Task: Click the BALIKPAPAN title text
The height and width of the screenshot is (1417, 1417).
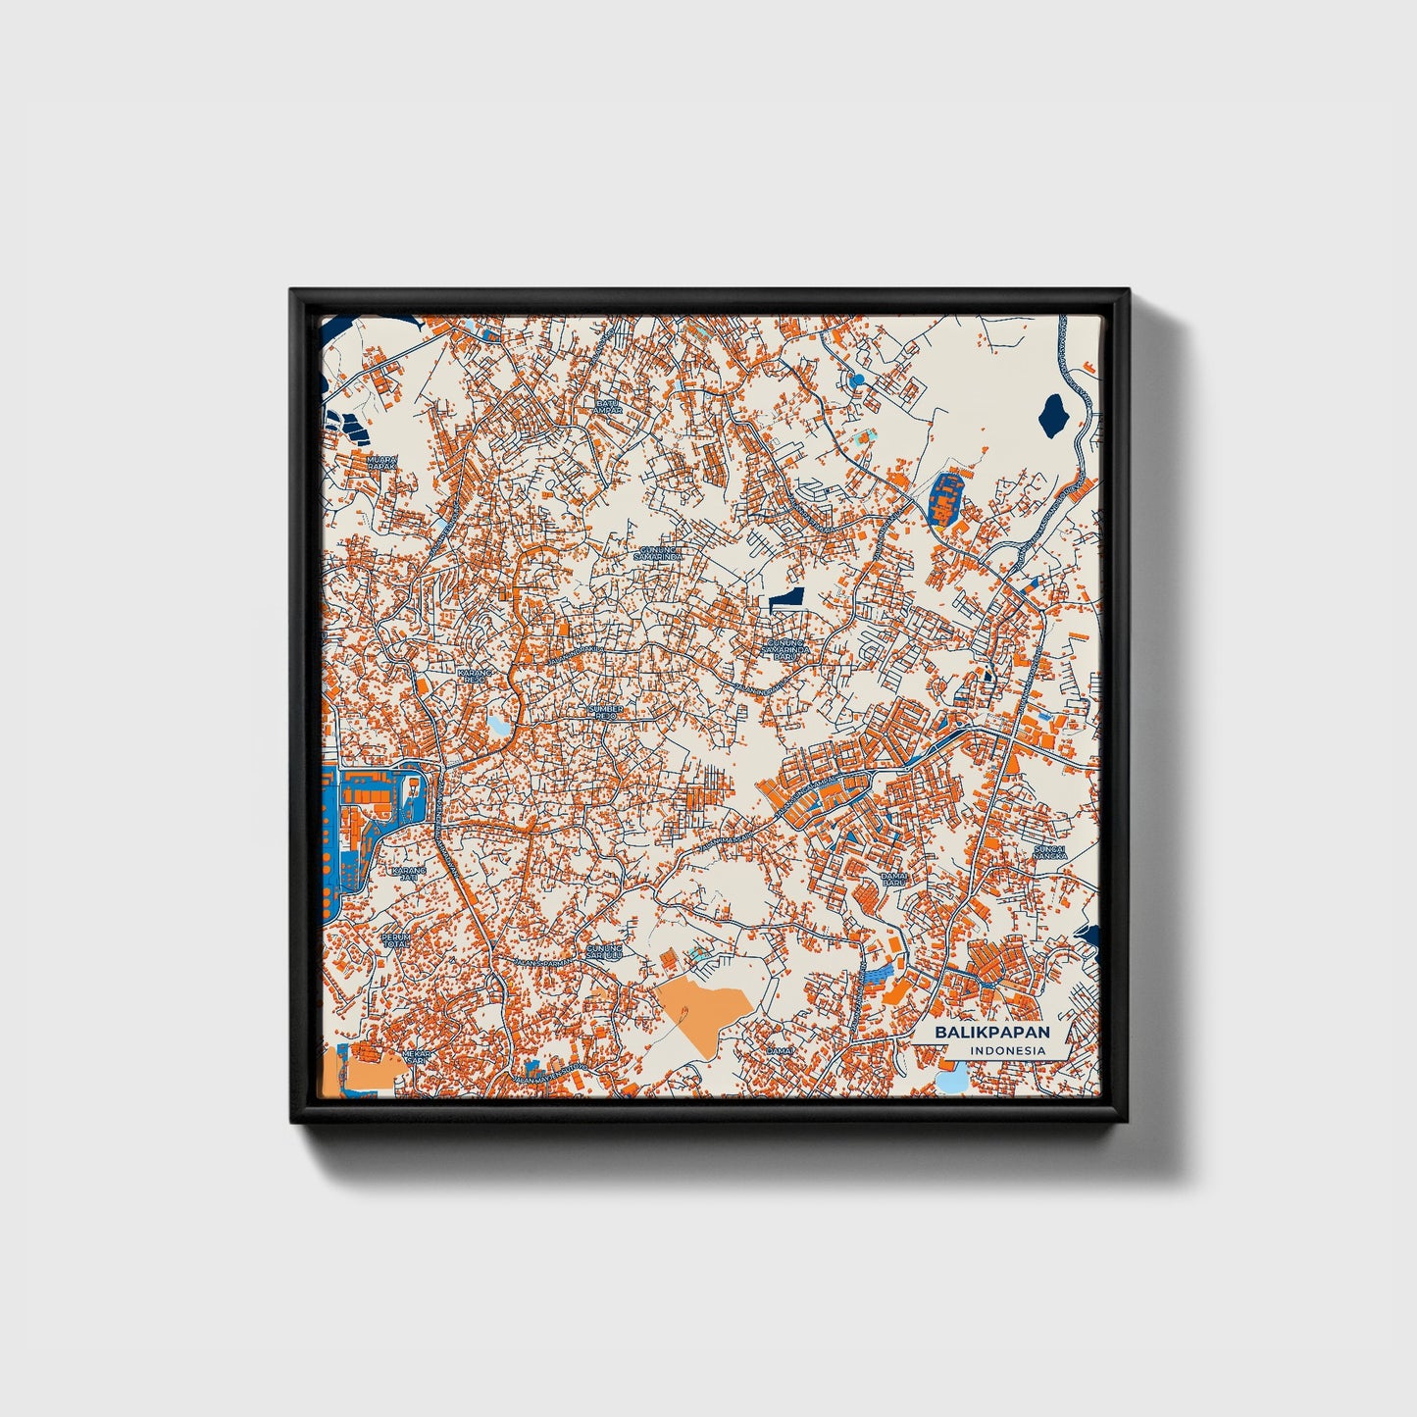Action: point(991,1033)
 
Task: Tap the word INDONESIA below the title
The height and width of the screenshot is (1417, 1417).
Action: point(1007,1051)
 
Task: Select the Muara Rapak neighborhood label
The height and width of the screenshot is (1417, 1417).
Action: point(381,462)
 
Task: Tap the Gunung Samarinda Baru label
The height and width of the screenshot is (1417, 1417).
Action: point(787,650)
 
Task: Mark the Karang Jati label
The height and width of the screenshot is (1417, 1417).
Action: point(409,874)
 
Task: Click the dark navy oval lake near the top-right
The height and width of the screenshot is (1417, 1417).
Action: point(1053,412)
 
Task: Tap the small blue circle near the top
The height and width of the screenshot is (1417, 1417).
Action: point(858,380)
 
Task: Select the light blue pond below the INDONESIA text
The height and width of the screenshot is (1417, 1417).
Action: point(951,1081)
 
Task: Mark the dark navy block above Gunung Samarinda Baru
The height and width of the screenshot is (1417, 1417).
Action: point(786,598)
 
